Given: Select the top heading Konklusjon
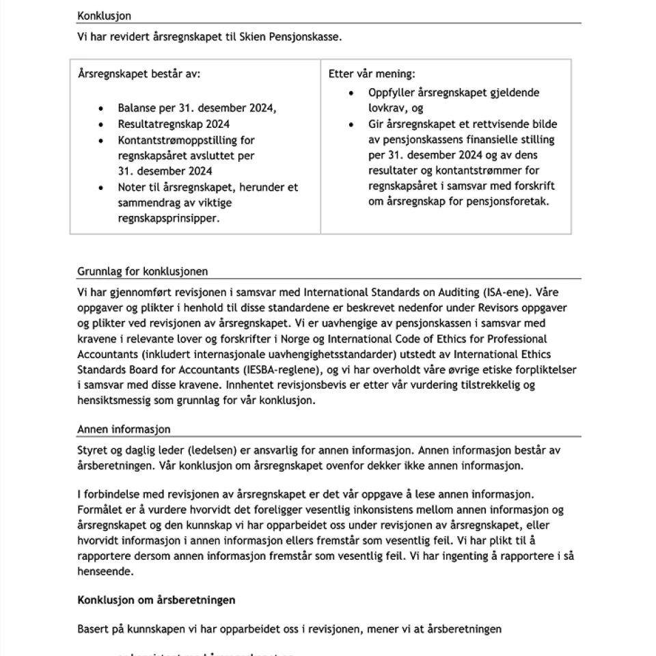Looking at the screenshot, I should (x=104, y=16).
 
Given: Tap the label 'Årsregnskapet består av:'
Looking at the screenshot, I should (x=139, y=74).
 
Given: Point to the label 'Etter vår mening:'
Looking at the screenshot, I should (x=372, y=74).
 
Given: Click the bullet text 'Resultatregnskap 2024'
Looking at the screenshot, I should (x=174, y=124).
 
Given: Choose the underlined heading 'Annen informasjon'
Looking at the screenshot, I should (x=124, y=429).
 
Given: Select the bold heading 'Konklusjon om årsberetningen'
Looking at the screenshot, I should (x=156, y=600).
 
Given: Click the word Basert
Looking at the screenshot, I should (x=92, y=629).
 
